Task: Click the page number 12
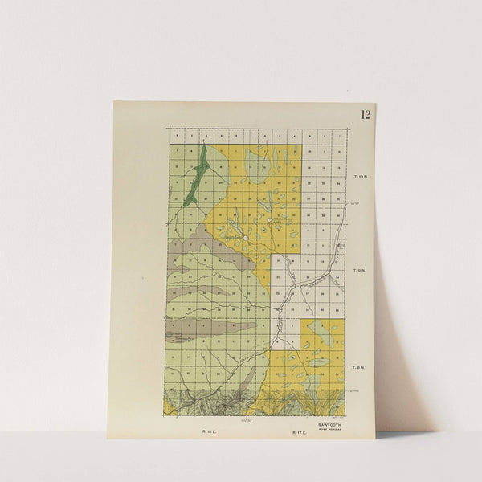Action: tap(366, 114)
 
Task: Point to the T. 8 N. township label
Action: tap(361, 367)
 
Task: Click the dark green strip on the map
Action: tap(195, 177)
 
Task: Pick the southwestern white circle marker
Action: tap(245, 239)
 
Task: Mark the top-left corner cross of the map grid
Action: tap(169, 129)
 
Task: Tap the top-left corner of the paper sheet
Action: tap(114, 102)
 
